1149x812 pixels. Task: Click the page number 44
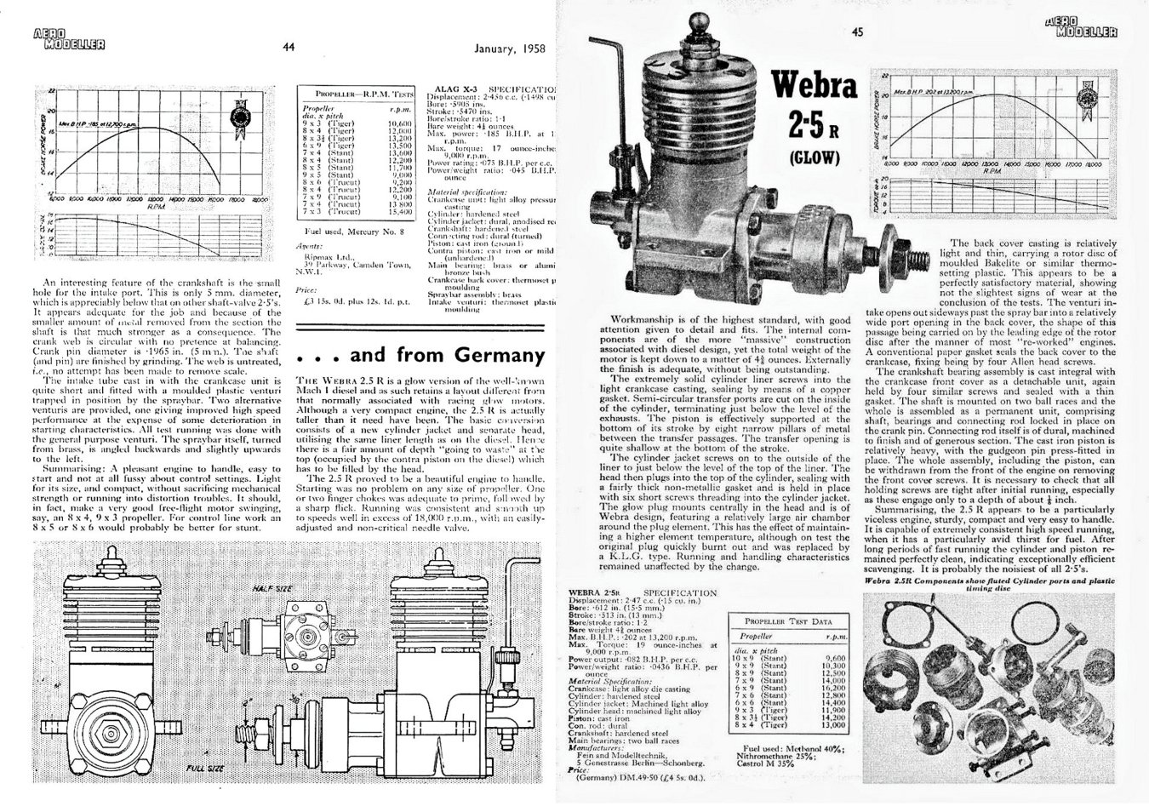pyautogui.click(x=288, y=48)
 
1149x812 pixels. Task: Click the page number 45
pyautogui.click(x=857, y=33)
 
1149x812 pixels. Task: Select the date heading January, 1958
pyautogui.click(x=507, y=48)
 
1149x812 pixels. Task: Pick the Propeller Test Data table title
pyautogui.click(x=786, y=621)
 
